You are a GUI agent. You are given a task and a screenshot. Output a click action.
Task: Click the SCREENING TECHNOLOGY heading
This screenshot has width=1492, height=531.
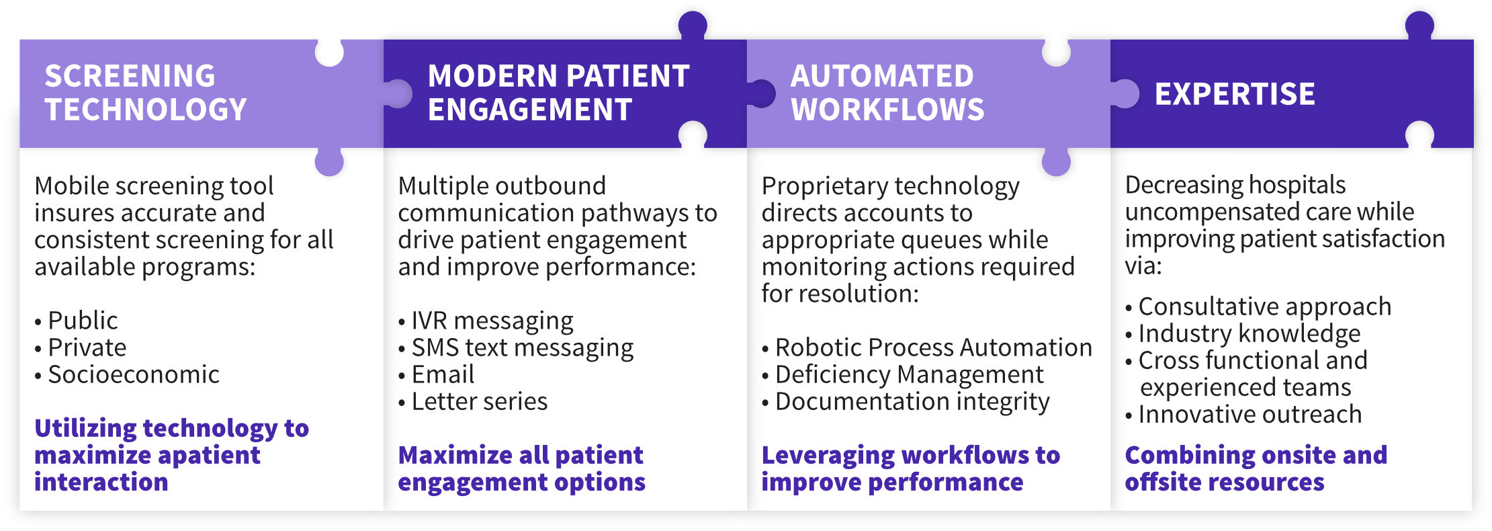pyautogui.click(x=146, y=93)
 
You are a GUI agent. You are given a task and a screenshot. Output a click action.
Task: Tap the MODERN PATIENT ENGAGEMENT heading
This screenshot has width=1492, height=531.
pyautogui.click(x=559, y=93)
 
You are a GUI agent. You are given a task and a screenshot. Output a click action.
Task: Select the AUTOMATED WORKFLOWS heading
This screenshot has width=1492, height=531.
pyautogui.click(x=887, y=93)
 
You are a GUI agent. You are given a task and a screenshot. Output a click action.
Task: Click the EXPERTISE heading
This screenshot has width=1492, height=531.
pyautogui.click(x=1235, y=94)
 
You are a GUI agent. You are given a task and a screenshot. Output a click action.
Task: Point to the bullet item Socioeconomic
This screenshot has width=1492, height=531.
pyautogui.click(x=127, y=374)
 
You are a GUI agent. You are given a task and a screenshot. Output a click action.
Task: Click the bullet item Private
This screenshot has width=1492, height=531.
pyautogui.click(x=81, y=348)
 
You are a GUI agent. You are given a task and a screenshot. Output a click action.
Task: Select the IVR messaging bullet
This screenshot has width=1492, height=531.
pyautogui.click(x=486, y=321)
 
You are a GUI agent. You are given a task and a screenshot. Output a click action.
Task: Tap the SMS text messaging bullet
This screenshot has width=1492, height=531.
pyautogui.click(x=516, y=348)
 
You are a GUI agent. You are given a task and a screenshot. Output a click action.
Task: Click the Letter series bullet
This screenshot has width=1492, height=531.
pyautogui.click(x=473, y=401)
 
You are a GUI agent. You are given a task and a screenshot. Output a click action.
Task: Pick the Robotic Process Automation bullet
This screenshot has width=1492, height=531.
pyautogui.click(x=927, y=348)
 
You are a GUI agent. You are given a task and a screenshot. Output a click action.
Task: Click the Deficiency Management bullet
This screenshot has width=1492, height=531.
pyautogui.click(x=903, y=374)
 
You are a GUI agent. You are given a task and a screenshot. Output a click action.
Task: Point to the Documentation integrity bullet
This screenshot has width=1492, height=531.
pyautogui.click(x=906, y=402)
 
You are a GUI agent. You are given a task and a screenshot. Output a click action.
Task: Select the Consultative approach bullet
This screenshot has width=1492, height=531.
pyautogui.click(x=1258, y=307)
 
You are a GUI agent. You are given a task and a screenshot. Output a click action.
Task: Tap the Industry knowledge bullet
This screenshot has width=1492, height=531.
pyautogui.click(x=1243, y=334)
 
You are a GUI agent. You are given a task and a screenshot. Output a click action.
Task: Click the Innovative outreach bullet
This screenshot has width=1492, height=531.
pyautogui.click(x=1243, y=415)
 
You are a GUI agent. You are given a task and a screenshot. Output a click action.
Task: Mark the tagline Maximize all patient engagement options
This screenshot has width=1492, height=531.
pyautogui.click(x=521, y=469)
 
